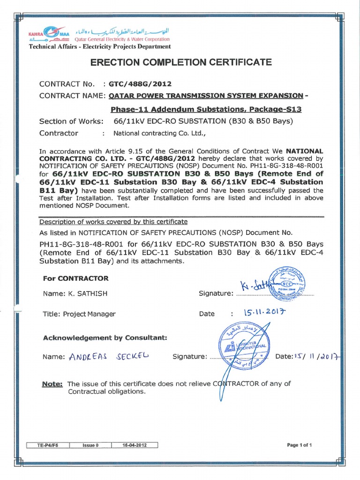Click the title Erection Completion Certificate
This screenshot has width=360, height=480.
tap(180, 62)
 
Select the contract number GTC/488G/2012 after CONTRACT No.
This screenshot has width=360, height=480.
tap(140, 84)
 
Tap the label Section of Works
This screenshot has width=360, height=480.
tap(71, 121)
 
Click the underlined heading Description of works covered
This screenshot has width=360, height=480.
tap(113, 221)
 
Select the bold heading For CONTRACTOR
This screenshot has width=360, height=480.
tap(75, 278)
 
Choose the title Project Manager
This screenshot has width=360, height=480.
tap(79, 314)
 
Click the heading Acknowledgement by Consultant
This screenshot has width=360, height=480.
tap(105, 337)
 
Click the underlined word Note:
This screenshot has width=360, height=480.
tap(53, 383)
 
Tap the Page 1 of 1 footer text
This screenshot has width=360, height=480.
tap(299, 445)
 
